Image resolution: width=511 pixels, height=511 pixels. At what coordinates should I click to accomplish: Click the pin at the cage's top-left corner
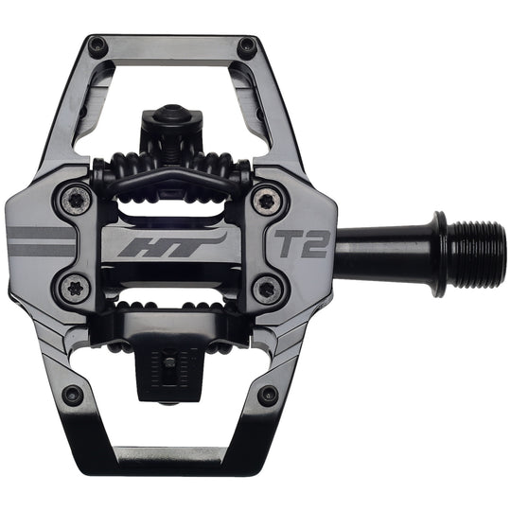[96, 44]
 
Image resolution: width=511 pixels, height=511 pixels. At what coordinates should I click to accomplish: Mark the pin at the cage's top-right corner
[247, 44]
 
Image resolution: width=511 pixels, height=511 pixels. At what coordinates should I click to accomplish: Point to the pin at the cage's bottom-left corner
[73, 393]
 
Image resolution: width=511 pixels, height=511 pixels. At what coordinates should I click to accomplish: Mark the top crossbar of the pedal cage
[170, 43]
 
